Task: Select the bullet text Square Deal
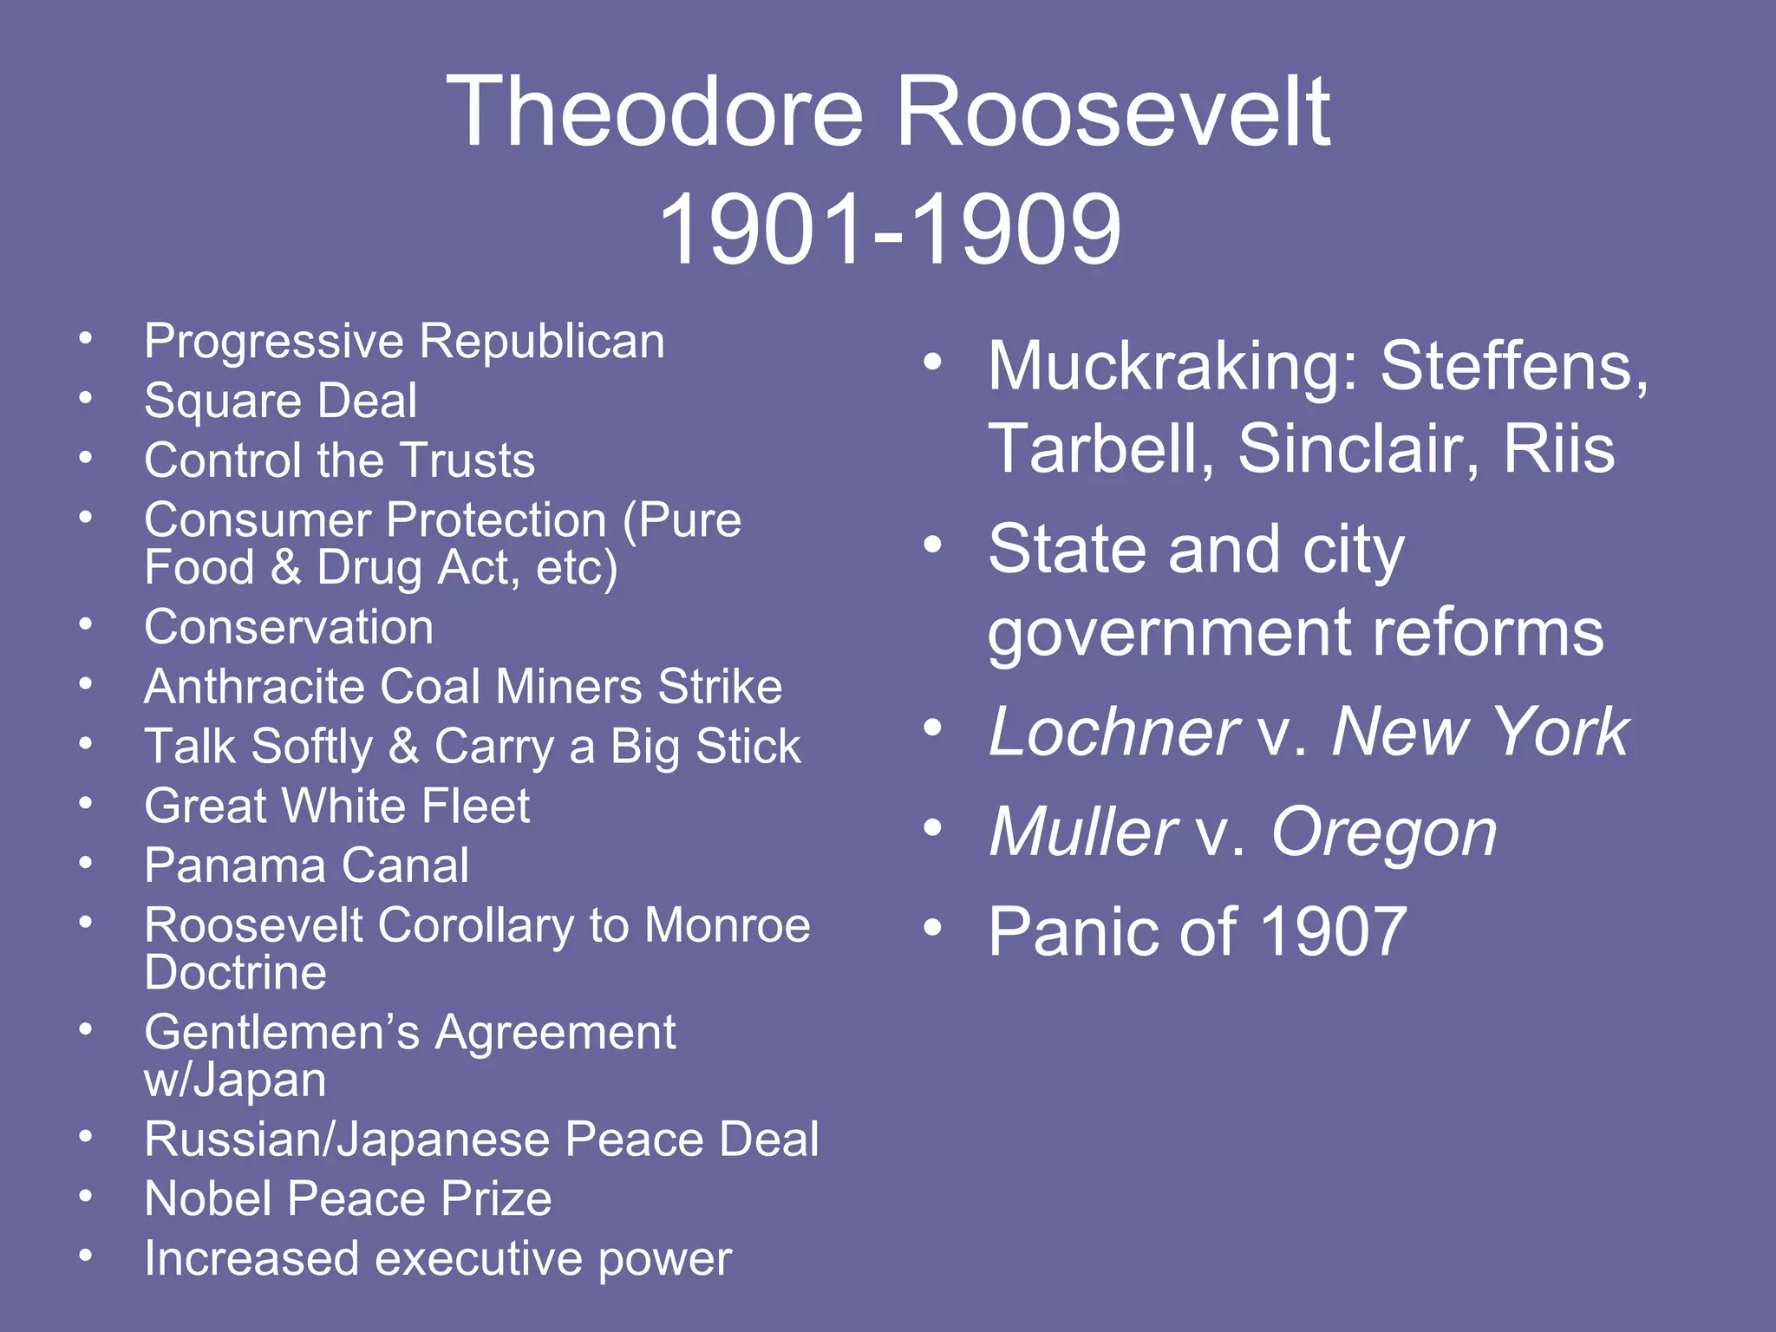(280, 401)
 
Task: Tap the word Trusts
(469, 460)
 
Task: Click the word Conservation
(289, 627)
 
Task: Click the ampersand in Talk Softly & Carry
(403, 747)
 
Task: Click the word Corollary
(475, 925)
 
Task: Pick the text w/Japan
(235, 1081)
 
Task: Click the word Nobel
(207, 1199)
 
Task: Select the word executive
(478, 1259)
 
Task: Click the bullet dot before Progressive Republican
(85, 338)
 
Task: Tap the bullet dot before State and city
(932, 545)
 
